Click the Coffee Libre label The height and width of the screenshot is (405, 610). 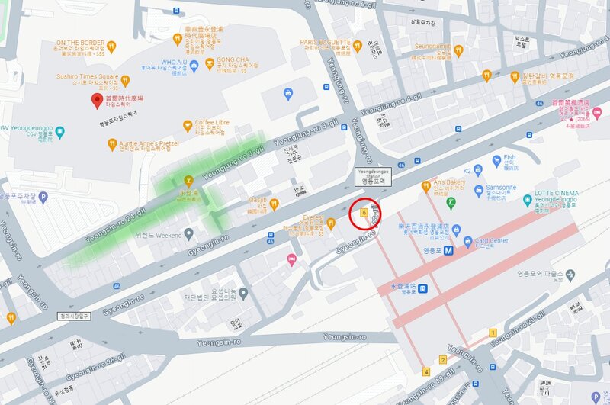click(x=212, y=122)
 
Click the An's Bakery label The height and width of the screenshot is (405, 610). click(x=449, y=183)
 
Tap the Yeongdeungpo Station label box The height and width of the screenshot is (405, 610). click(x=374, y=173)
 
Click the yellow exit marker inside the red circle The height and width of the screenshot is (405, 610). click(x=364, y=213)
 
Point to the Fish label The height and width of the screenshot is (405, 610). click(x=509, y=158)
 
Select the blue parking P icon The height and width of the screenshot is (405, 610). click(x=43, y=197)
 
